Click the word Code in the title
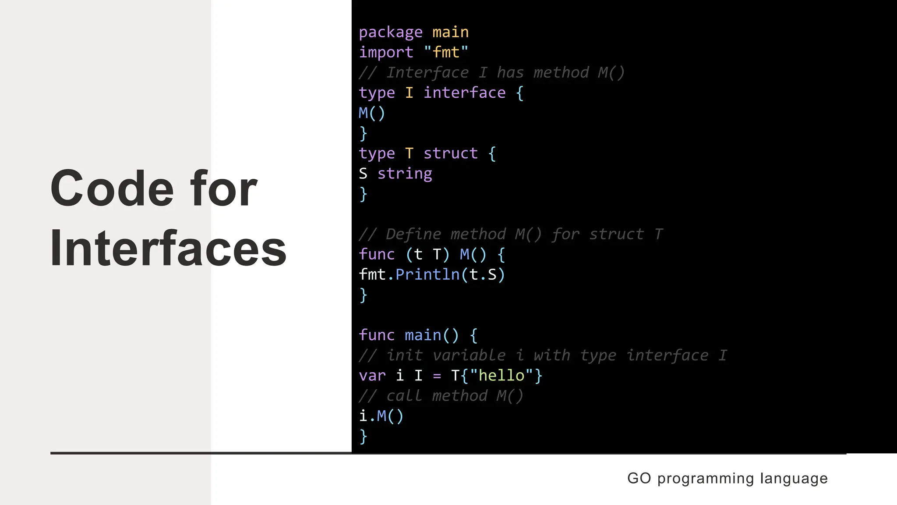112,188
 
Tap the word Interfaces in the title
168,248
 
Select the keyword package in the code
391,32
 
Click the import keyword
386,53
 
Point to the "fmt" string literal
446,53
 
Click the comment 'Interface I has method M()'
491,73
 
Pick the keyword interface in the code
464,93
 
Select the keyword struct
450,153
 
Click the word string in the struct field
405,174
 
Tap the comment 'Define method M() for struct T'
511,235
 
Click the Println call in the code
427,275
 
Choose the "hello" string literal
501,376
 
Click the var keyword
372,376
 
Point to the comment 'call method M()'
441,396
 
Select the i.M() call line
381,416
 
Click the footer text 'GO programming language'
727,478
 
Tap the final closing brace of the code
363,436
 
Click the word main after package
450,32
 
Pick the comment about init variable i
543,356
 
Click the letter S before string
363,174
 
